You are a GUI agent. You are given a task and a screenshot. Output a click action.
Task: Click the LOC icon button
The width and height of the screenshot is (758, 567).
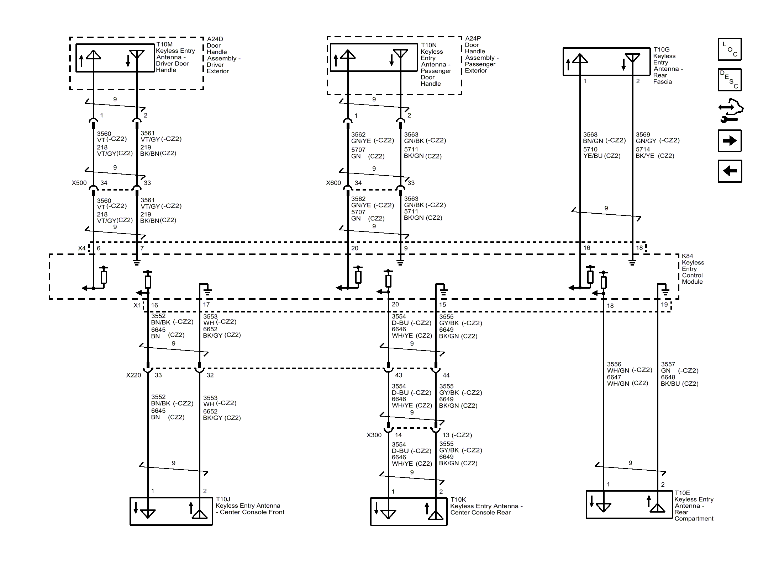[730, 49]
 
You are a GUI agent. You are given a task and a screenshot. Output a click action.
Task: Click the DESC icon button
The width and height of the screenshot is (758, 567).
[730, 80]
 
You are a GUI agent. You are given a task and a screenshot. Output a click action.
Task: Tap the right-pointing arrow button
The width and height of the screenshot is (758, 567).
[730, 141]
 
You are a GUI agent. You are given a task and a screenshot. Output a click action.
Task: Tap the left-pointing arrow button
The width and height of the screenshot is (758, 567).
[730, 171]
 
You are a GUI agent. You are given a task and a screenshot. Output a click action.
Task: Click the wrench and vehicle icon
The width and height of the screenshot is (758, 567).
[731, 110]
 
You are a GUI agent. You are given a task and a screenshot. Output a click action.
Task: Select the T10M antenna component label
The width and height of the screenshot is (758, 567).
[175, 57]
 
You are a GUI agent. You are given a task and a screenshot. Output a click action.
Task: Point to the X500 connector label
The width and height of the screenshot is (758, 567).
[79, 183]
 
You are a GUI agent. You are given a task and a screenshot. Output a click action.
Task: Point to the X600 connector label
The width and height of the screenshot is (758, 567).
[333, 183]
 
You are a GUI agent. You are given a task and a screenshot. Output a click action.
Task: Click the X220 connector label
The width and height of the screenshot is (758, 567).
[133, 375]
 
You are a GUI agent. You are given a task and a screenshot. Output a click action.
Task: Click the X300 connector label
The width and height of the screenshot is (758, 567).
[374, 435]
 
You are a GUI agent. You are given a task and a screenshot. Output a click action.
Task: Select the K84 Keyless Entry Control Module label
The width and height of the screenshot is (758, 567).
[693, 269]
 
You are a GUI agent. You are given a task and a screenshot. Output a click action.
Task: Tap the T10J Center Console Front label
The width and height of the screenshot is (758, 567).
[250, 506]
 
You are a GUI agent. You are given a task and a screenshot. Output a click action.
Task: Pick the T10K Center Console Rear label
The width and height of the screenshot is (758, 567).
[486, 506]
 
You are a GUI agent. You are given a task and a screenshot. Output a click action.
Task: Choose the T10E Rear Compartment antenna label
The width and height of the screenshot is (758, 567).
[694, 506]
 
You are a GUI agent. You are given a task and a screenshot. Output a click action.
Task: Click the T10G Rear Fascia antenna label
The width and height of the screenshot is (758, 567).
[668, 65]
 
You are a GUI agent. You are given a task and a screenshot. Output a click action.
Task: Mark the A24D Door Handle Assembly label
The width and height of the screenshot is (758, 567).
[223, 55]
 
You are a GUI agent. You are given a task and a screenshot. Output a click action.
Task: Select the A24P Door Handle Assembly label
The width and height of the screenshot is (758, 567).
[482, 54]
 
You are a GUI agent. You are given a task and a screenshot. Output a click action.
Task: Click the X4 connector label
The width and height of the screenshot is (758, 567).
[82, 248]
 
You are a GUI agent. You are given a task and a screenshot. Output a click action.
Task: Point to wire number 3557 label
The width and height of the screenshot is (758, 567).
[668, 364]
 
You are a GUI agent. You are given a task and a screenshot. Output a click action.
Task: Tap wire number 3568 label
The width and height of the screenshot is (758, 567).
[590, 134]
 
